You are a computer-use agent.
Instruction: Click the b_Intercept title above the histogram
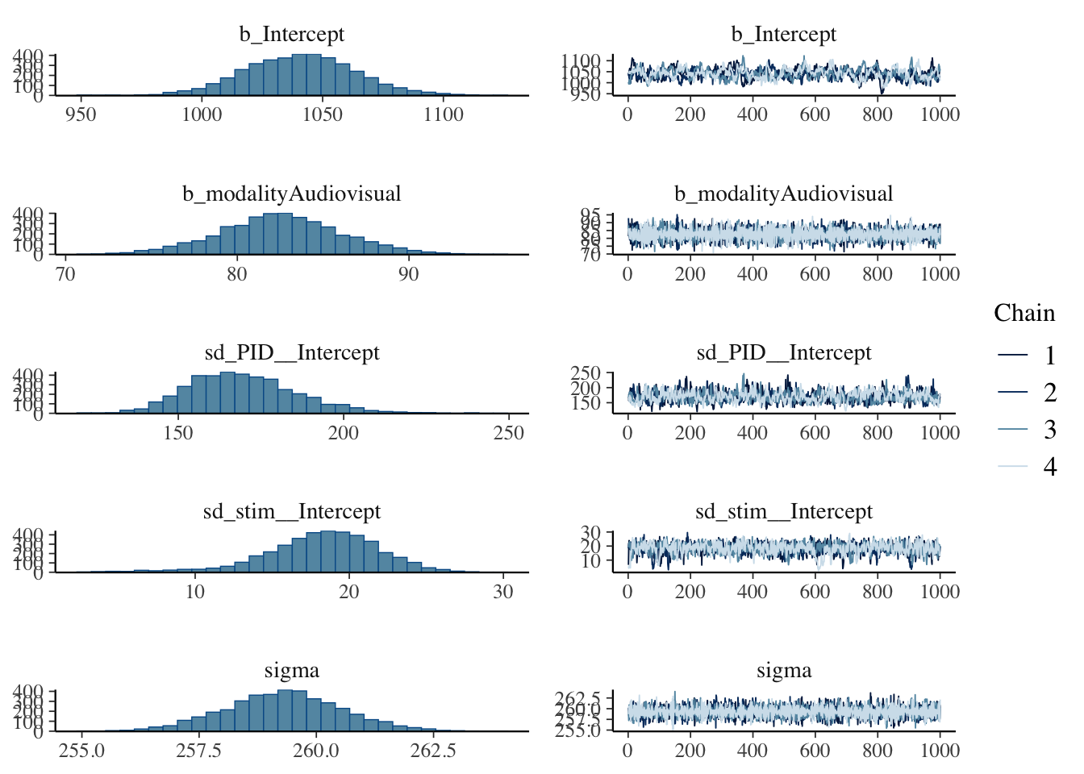point(291,34)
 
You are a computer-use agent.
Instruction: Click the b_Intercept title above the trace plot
point(783,34)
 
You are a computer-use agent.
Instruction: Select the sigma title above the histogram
point(291,670)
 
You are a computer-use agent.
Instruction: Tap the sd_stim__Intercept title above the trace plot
point(783,511)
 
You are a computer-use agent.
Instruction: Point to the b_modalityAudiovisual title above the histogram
point(291,193)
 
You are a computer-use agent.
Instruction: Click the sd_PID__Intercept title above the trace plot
point(783,352)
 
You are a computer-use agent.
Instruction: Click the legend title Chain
point(1024,313)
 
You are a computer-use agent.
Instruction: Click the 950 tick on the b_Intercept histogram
point(81,114)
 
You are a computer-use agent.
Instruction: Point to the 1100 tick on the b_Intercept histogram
point(444,114)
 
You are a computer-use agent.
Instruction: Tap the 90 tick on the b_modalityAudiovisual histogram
point(408,273)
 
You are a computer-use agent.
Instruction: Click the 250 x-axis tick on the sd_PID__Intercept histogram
point(509,432)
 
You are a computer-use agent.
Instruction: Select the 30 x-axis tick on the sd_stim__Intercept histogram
point(502,591)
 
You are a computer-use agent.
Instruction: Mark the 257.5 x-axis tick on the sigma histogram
point(198,751)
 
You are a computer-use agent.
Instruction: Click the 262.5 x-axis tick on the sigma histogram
point(433,751)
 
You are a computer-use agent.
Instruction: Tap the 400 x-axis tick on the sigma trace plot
point(753,751)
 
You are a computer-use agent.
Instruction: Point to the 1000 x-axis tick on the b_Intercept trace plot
point(940,114)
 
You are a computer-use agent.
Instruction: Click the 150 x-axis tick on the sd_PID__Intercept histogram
point(178,432)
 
